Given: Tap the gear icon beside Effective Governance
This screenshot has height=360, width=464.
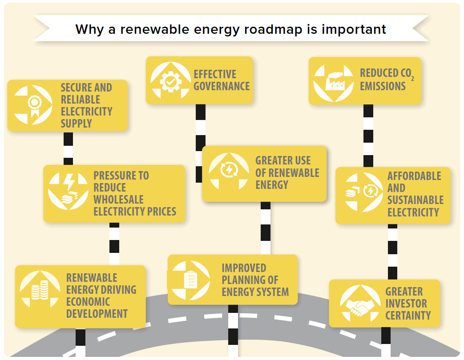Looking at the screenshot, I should pos(170,80).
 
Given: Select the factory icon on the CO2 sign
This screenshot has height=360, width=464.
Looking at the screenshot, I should pos(334,81).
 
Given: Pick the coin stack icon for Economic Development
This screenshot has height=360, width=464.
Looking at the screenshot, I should pos(40,291).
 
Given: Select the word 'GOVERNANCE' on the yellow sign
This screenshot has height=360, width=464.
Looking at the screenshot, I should pos(222,86).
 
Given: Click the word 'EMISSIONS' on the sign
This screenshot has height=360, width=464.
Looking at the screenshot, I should pos(383,86).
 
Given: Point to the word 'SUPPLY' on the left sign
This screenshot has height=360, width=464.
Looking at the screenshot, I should pos(76,124).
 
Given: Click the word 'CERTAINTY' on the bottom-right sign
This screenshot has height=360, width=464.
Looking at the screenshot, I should pos(408,316).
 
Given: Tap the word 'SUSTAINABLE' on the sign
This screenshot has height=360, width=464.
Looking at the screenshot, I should pos(415,200).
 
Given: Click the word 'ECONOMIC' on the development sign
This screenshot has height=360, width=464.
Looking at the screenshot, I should pos(88,302).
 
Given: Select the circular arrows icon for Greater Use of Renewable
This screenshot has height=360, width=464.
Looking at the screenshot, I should pos(229,170).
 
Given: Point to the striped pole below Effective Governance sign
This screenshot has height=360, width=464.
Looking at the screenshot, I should pos(201,142).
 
